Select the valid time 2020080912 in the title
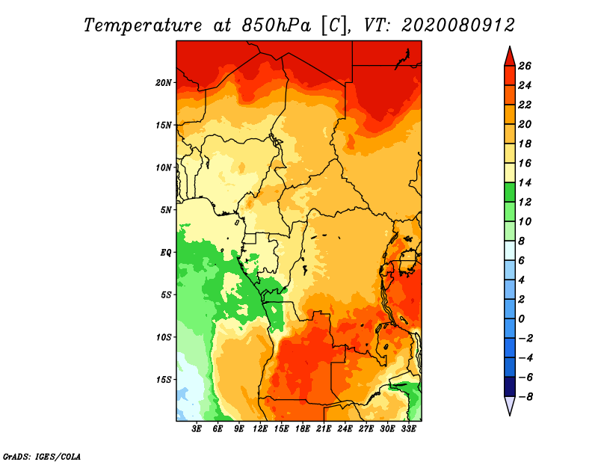click(457, 25)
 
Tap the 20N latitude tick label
click(164, 82)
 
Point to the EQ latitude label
click(166, 252)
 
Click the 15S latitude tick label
click(164, 379)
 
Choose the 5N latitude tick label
click(166, 209)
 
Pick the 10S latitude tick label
click(164, 337)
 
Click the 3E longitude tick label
click(197, 430)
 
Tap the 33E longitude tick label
click(408, 430)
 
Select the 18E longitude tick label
click(303, 430)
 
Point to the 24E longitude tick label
click(345, 430)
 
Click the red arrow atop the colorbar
click(509, 55)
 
